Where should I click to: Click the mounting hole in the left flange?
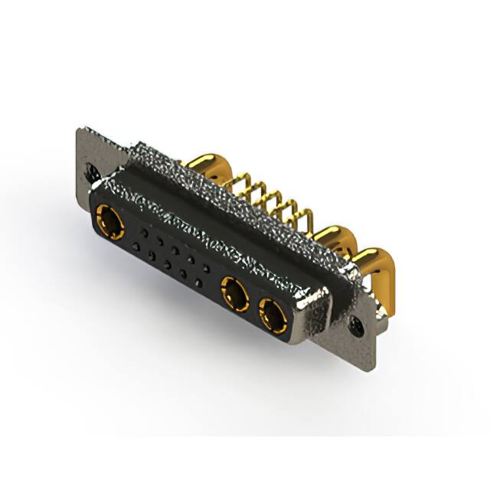(x=91, y=174)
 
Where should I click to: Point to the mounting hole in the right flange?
(x=357, y=328)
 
